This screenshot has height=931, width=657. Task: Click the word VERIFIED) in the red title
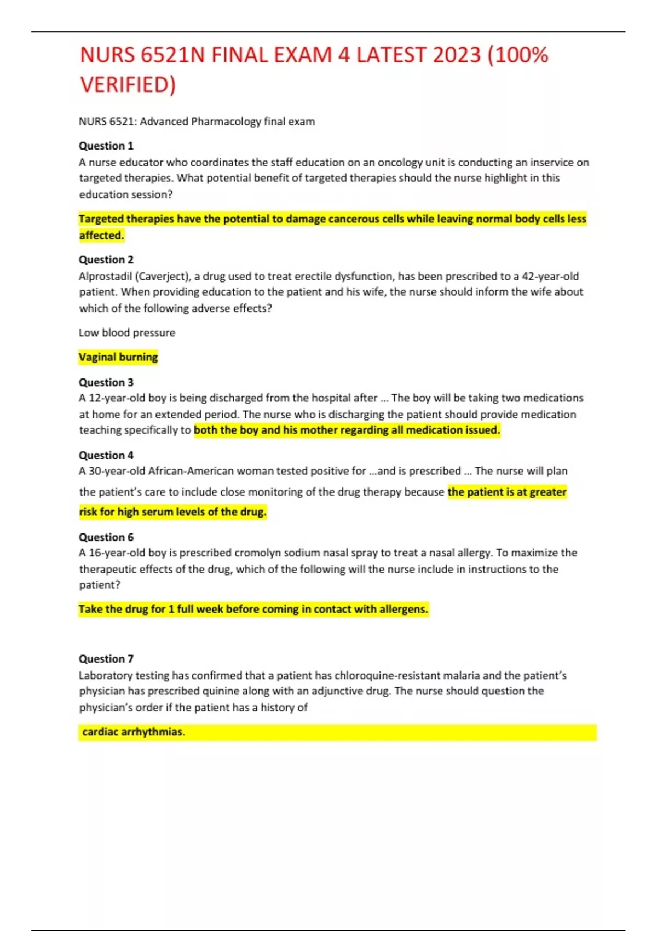tap(128, 85)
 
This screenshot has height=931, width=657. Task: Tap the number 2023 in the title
tap(457, 55)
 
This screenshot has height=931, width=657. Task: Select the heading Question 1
tap(106, 146)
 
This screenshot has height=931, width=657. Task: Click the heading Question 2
tap(106, 260)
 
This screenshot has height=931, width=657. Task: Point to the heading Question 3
tap(106, 382)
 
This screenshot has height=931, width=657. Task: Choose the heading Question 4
tap(106, 455)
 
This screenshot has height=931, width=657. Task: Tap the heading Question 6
tap(106, 537)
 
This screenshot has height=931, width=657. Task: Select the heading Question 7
tap(106, 659)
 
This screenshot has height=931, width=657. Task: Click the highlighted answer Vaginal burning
tap(118, 357)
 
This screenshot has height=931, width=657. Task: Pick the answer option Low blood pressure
tap(127, 332)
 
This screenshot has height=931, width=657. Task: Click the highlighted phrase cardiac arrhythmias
tap(132, 732)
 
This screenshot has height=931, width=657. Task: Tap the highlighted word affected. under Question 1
tap(102, 235)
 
